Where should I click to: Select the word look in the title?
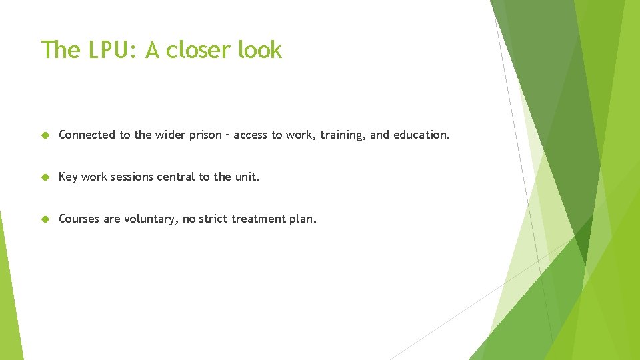(260, 50)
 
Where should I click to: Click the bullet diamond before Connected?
(45, 135)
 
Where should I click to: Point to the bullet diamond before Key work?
(45, 177)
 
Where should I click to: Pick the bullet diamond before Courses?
(45, 219)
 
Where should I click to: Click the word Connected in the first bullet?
(87, 135)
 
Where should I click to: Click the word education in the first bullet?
(421, 135)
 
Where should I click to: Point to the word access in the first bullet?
(250, 135)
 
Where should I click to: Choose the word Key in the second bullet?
(68, 177)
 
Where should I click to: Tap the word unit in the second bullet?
(246, 177)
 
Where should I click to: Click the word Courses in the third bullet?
(79, 219)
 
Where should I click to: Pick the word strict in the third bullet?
(213, 219)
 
